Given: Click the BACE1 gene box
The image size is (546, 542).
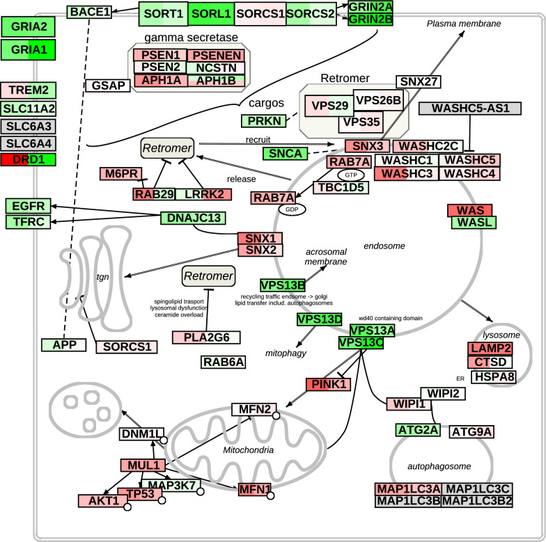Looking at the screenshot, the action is [89, 12].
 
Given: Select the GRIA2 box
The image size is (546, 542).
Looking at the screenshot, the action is [28, 26].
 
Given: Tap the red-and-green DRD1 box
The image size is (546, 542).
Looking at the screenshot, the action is [28, 159].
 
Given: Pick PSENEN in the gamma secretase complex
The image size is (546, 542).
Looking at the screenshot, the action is [216, 56].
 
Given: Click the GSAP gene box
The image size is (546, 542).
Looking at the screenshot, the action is [108, 85].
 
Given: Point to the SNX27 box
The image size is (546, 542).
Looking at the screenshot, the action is [418, 81].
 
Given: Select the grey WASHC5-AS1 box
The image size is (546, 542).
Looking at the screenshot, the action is [470, 109].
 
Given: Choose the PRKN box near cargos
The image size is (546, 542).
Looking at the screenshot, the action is [263, 121].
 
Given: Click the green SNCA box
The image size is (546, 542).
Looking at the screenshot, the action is [286, 153].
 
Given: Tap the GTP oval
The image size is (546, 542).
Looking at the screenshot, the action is [351, 175].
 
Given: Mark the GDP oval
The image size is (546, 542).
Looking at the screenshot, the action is [292, 209].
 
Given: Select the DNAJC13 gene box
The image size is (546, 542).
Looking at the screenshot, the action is [194, 218].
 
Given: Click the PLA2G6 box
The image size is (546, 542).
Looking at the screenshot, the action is [206, 337].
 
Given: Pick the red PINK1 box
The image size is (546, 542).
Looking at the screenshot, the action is [329, 384].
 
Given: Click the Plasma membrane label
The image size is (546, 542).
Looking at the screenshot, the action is [464, 24].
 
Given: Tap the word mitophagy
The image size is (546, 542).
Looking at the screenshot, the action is [286, 353].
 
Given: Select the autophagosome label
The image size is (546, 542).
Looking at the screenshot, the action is [439, 466].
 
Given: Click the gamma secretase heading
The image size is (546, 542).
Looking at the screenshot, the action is [191, 38].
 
